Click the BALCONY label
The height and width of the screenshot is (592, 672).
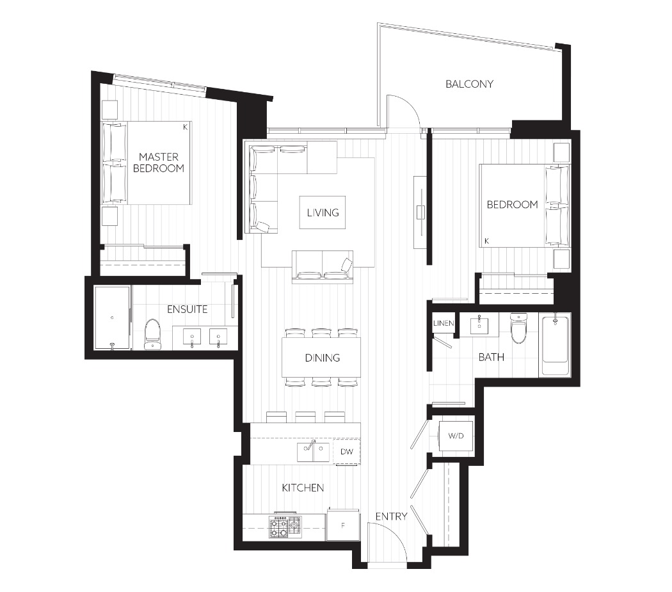point(469,84)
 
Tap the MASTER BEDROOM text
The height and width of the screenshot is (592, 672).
point(159,163)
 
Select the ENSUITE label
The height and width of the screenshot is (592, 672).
point(188,309)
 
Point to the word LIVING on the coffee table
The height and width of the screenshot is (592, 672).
point(323,212)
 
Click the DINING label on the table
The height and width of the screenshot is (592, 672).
point(323,358)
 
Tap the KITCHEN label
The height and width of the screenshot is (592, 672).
point(303,488)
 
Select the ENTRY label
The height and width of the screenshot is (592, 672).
point(391,516)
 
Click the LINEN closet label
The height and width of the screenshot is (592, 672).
point(443,323)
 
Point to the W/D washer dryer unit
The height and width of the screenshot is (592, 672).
point(456,436)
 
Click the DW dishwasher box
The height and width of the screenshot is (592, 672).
point(347,451)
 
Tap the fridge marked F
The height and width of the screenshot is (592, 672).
point(343,525)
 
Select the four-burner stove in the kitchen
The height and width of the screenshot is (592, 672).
point(285,527)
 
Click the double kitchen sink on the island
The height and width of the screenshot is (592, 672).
point(314,452)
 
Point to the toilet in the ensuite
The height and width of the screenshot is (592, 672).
point(152,334)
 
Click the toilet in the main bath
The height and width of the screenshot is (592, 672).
point(518,328)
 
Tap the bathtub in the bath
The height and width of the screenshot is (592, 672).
point(556,345)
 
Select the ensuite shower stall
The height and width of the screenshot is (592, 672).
point(112,317)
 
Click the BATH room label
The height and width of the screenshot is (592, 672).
point(491,357)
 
